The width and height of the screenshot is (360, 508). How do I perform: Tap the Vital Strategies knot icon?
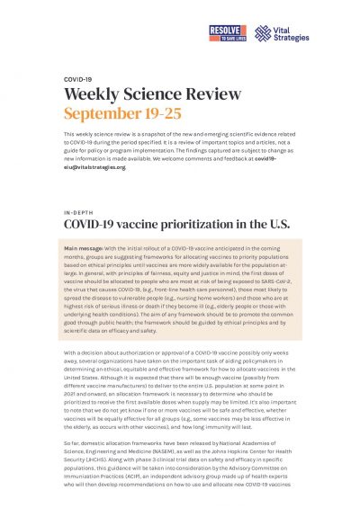[x=263, y=33]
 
